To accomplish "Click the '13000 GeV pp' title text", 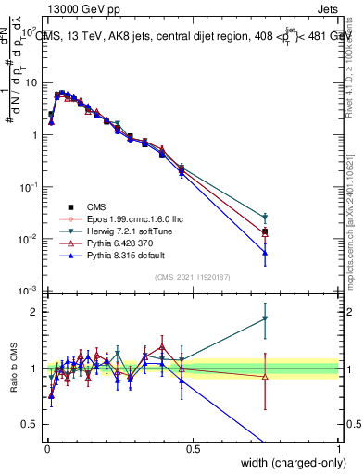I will pyautogui.click(x=81, y=9).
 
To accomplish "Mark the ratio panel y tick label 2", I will pyautogui.click(x=35, y=312).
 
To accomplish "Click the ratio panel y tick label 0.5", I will pyautogui.click(x=31, y=424).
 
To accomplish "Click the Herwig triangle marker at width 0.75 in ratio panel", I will pyautogui.click(x=265, y=319).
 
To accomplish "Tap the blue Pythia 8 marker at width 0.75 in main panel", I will pyautogui.click(x=265, y=252).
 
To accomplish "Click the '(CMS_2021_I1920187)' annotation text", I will pyautogui.click(x=192, y=276).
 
